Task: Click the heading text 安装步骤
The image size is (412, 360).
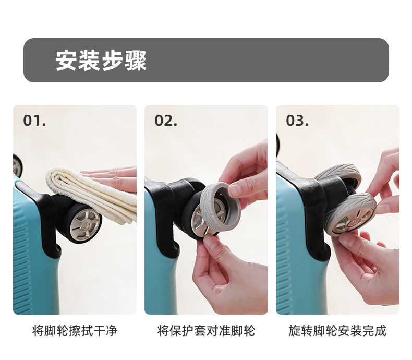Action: click(x=101, y=61)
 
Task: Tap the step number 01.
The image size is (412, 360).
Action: click(x=34, y=121)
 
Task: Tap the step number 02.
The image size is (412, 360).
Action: click(x=166, y=121)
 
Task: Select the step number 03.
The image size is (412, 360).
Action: click(x=297, y=121)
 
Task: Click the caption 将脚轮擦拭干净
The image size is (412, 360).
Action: click(x=75, y=331)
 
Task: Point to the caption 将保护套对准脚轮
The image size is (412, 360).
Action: click(x=206, y=331)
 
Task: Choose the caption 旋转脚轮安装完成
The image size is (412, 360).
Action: click(x=337, y=331)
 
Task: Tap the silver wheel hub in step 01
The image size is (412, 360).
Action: click(x=86, y=223)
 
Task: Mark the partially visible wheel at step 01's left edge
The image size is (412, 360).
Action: click(x=18, y=165)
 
